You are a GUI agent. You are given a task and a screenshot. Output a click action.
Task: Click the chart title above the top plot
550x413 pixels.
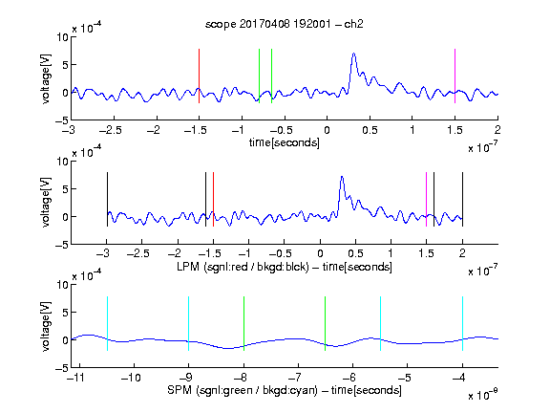click(x=285, y=24)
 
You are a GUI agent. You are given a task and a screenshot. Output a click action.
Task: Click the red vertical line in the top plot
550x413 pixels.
click(x=199, y=76)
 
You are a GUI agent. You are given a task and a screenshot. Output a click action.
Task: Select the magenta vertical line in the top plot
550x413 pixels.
click(x=455, y=76)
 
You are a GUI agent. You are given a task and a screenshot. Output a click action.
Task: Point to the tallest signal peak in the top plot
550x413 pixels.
click(x=353, y=54)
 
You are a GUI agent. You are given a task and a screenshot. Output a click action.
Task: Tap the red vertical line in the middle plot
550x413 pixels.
click(x=213, y=200)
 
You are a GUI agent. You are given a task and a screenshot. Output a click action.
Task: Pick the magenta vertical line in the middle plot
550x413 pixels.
click(x=426, y=200)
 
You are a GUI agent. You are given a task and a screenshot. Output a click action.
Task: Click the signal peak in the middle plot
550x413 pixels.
click(x=342, y=177)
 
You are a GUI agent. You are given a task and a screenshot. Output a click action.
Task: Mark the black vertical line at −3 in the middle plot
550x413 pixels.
click(x=107, y=200)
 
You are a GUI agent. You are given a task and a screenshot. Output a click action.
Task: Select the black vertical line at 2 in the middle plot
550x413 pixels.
click(x=462, y=200)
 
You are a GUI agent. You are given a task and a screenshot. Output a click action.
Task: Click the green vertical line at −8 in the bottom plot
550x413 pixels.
click(x=243, y=323)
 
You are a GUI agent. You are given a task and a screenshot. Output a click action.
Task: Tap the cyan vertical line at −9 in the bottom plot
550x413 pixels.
click(x=188, y=323)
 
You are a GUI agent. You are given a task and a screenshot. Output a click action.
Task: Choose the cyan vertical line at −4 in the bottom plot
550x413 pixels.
click(x=462, y=323)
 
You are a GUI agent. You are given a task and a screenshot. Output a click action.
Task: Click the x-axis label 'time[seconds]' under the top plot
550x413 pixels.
click(x=285, y=142)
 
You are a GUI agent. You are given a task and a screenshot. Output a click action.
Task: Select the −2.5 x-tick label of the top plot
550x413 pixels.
click(x=111, y=130)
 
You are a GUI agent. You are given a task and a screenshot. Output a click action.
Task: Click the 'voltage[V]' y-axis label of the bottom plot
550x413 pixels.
click(x=46, y=326)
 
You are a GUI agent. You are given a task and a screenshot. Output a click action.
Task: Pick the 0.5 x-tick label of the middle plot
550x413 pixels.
click(x=355, y=253)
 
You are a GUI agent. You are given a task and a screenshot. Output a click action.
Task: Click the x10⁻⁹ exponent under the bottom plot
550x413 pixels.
click(x=482, y=394)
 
